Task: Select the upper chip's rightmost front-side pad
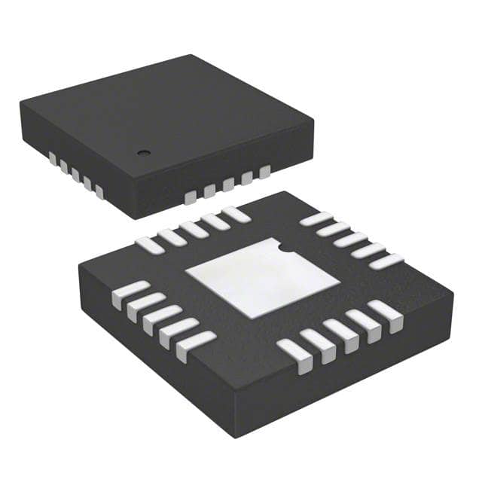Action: click(264, 172)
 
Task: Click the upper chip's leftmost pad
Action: click(53, 157)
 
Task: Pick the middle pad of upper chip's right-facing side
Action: click(227, 185)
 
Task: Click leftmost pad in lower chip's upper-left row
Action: click(149, 245)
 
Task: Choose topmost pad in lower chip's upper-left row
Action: click(236, 214)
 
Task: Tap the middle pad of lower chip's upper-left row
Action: click(194, 229)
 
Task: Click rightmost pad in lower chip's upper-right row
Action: click(386, 261)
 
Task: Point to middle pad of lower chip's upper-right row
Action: click(351, 239)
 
